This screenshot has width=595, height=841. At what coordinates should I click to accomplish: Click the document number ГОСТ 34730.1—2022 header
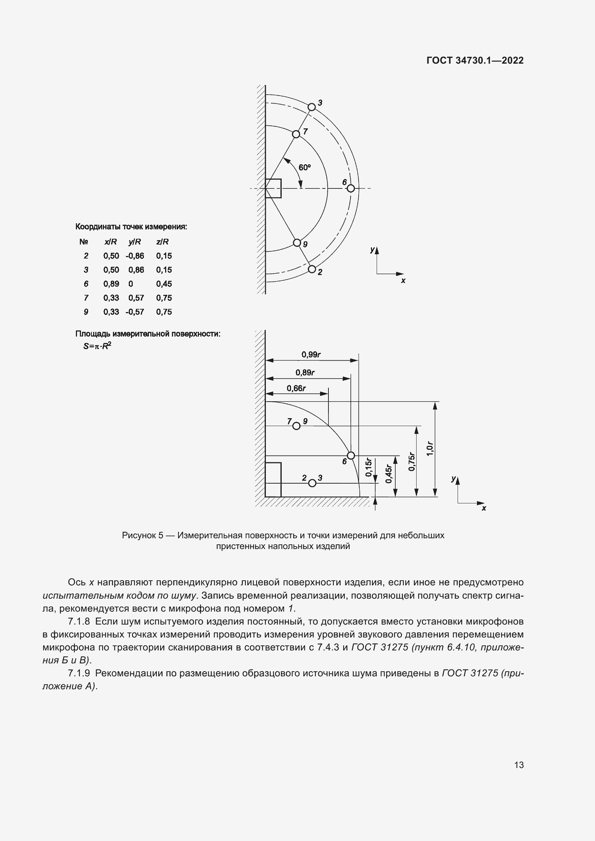coord(475,60)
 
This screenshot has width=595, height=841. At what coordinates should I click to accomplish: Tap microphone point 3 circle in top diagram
coord(312,107)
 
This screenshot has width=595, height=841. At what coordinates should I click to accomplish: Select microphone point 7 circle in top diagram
coord(296,134)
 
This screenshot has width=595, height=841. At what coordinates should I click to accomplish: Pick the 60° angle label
coord(304,168)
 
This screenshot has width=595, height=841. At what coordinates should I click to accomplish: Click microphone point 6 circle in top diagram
coord(351,188)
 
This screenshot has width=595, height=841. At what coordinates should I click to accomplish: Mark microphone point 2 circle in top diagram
coord(312,269)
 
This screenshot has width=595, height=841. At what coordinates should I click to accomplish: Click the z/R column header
coord(162,242)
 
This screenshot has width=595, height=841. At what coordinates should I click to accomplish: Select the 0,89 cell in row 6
coord(111,284)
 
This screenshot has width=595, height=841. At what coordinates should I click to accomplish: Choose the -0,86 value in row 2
coord(135,256)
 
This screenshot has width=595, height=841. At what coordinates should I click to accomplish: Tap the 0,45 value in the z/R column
coord(164,284)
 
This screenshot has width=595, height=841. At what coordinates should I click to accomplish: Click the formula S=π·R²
coord(97,346)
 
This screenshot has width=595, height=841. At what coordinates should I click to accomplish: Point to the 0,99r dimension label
coord(311,354)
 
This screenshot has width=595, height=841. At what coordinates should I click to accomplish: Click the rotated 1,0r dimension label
coord(430,449)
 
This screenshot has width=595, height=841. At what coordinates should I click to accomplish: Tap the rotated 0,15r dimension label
coord(369,468)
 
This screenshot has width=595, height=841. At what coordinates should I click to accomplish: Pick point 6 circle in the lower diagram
coord(351,455)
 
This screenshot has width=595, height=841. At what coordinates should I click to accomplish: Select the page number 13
coord(519,765)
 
